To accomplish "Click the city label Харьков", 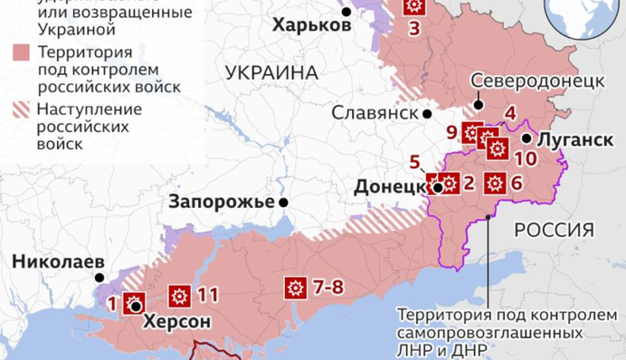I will click(x=312, y=25).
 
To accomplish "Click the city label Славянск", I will click(x=375, y=114).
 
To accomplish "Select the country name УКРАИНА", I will click(x=272, y=72).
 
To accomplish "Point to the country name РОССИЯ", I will click(x=554, y=230).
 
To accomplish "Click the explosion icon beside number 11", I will click(x=178, y=295).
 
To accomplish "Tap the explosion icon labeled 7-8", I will click(x=294, y=288).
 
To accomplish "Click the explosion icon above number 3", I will click(x=413, y=7).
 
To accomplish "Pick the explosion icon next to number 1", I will click(x=133, y=301).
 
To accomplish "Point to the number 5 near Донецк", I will click(x=414, y=164).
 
